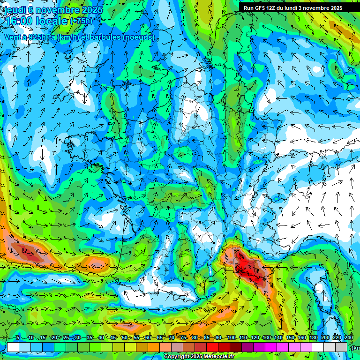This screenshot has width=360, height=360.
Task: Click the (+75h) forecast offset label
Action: coord(81,21)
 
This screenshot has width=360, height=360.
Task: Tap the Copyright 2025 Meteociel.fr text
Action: coord(199,357)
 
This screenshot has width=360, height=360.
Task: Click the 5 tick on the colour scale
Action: coord(17,338)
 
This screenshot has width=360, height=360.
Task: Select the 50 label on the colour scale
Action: coord(124,338)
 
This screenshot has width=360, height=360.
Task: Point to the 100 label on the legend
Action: coord(231,338)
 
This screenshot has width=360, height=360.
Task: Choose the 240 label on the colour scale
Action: coord(349,338)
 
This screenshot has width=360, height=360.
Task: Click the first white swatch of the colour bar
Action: coord(13,347)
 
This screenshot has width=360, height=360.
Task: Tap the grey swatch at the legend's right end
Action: coord(342,347)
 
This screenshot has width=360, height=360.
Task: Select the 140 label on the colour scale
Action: coord(278,338)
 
